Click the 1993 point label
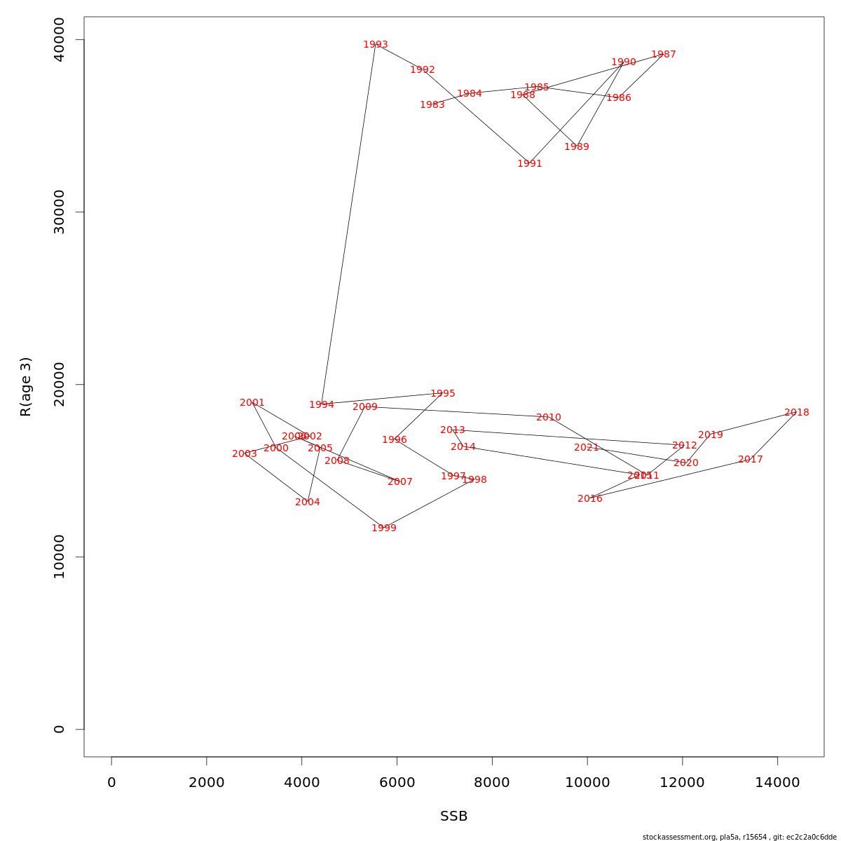click(x=376, y=45)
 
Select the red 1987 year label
click(x=664, y=55)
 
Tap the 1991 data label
click(x=530, y=164)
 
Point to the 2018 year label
click(x=797, y=413)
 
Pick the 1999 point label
click(x=384, y=528)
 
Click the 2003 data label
click(x=245, y=454)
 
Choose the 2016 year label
click(x=590, y=499)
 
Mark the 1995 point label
click(x=443, y=394)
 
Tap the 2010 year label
click(x=549, y=418)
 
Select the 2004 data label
click(x=308, y=502)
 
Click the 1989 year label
click(x=577, y=147)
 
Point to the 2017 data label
click(x=751, y=460)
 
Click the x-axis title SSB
click(x=454, y=816)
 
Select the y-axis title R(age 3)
click(x=26, y=387)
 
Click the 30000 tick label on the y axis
click(x=59, y=212)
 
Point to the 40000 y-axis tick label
click(x=59, y=40)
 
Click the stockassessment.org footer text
click(x=739, y=837)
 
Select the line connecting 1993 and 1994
click(x=348, y=224)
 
